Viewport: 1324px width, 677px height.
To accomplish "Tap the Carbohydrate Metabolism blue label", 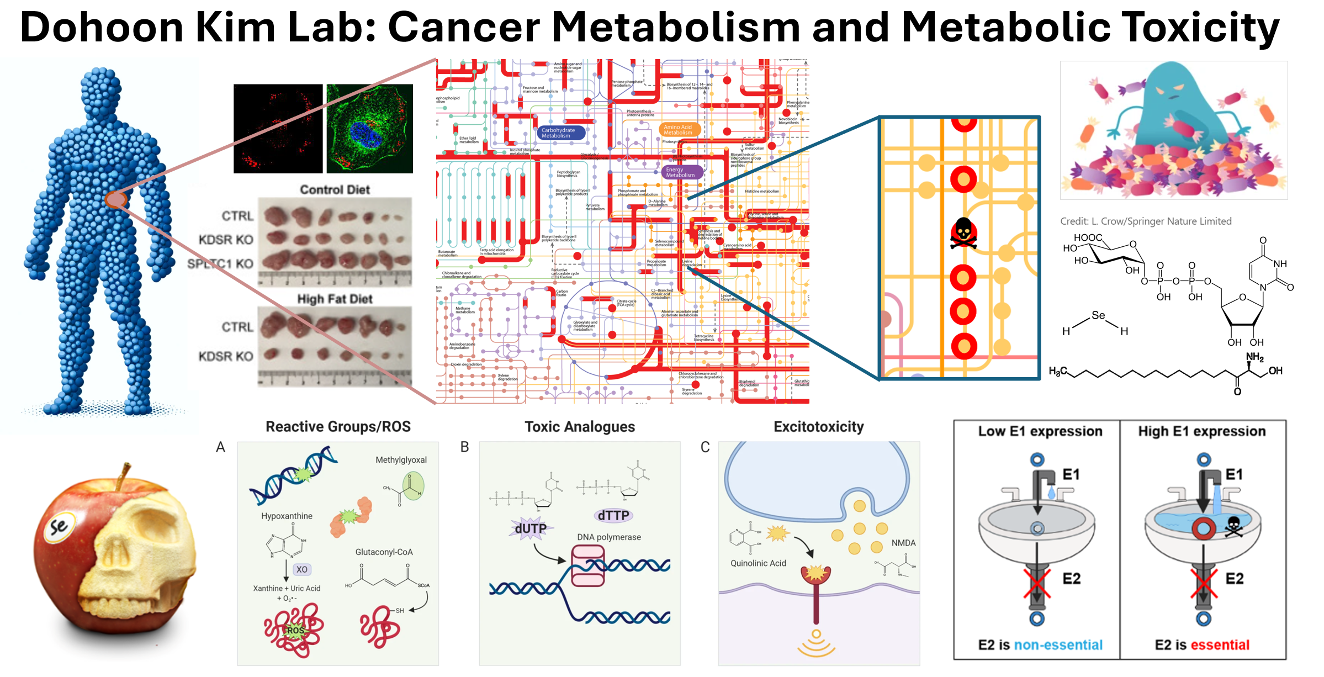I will (x=558, y=133).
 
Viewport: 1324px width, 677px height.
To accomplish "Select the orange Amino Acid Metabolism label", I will (x=678, y=130).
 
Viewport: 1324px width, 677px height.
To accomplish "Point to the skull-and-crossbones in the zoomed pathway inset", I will (x=963, y=233).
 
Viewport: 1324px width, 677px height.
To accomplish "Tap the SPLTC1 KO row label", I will (x=220, y=263).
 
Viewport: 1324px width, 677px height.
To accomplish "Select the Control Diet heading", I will (x=335, y=189).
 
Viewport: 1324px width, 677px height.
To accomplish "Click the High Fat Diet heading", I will (x=335, y=299).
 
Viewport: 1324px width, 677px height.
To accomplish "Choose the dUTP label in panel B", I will (x=530, y=528).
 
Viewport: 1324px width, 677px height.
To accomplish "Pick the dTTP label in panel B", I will (x=613, y=515).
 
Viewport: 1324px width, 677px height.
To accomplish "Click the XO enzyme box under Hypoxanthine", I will (x=301, y=569).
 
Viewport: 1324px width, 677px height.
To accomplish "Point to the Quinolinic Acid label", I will (x=758, y=563).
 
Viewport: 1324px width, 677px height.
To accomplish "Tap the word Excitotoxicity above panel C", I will (x=818, y=427).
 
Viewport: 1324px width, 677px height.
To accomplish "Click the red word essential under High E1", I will (x=1220, y=644).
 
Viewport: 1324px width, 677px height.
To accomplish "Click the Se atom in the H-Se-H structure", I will (x=1098, y=315).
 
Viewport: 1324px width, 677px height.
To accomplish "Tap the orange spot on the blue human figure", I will (x=116, y=199).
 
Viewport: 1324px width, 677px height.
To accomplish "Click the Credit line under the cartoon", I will (x=1146, y=221).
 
